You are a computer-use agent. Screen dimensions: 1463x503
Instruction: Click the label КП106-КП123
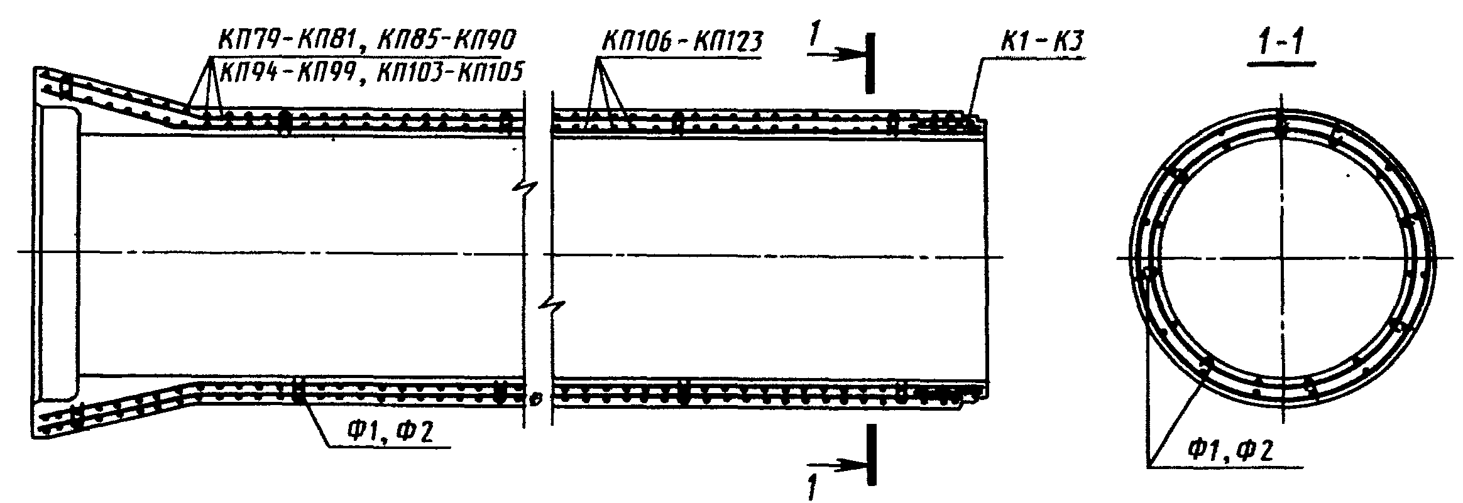click(x=681, y=41)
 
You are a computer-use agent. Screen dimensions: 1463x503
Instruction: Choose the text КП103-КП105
click(x=449, y=72)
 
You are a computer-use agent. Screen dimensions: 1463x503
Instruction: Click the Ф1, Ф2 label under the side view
click(x=388, y=431)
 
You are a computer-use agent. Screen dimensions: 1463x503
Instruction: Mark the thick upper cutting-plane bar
click(x=869, y=63)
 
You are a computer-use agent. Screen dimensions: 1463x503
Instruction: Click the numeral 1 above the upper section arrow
click(x=815, y=36)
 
